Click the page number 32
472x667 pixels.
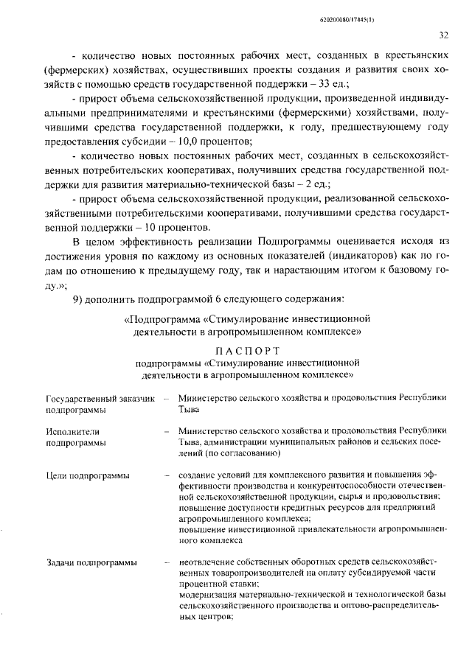(444, 35)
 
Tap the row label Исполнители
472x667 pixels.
(72, 431)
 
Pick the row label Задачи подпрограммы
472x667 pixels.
(91, 564)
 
